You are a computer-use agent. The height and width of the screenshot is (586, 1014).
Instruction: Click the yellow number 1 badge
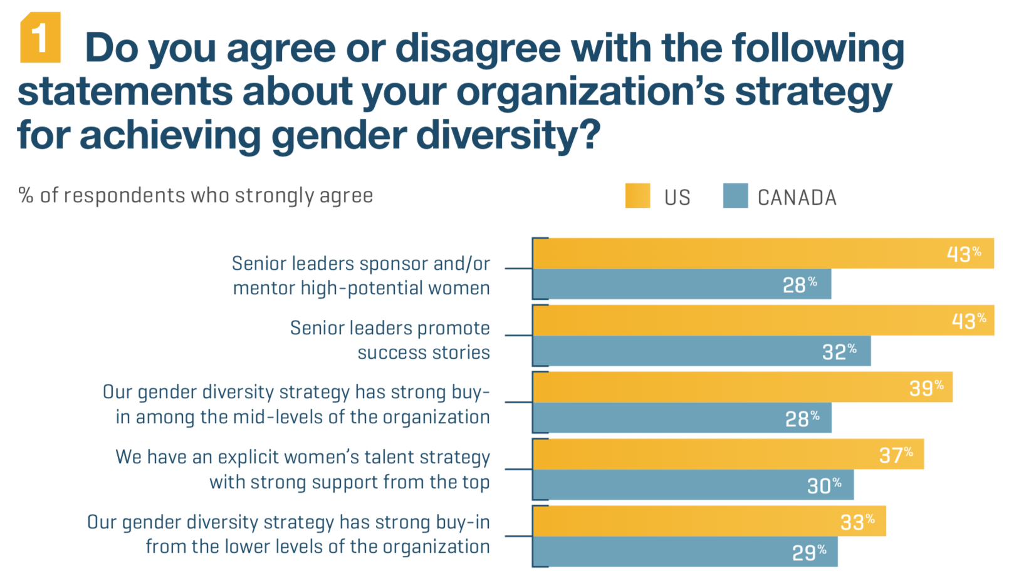tap(40, 38)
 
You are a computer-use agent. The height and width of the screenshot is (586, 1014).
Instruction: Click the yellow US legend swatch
tap(637, 196)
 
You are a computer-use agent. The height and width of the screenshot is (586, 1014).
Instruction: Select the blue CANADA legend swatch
tap(735, 196)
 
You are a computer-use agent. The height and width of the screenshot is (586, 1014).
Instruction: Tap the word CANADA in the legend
tap(797, 198)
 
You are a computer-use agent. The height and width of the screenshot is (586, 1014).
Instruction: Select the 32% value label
tap(839, 352)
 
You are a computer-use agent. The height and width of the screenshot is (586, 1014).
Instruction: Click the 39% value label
tap(926, 388)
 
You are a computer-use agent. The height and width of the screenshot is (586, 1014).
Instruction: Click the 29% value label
tap(808, 553)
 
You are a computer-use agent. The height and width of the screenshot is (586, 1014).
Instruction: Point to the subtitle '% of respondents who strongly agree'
tap(196, 196)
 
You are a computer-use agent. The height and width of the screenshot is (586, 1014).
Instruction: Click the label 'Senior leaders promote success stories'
tap(390, 340)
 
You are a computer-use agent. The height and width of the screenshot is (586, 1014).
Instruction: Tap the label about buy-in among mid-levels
tap(296, 404)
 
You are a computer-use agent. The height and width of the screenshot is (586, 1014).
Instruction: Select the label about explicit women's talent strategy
tap(303, 470)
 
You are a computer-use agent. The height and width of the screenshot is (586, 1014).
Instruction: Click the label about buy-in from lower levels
tap(288, 534)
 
